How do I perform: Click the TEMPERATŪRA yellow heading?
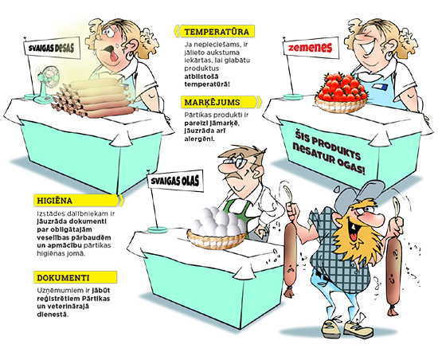[x=215, y=31]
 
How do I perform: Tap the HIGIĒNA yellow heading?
[x=78, y=200]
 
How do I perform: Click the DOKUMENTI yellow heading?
[x=76, y=278]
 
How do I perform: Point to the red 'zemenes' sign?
[x=311, y=48]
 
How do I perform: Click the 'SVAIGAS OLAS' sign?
[x=175, y=181]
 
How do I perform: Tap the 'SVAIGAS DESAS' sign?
[x=52, y=48]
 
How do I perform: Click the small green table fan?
[x=47, y=83]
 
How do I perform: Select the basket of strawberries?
[x=342, y=92]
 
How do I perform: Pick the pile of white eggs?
[x=217, y=222]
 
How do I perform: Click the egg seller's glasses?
[x=240, y=162]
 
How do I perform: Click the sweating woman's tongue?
[x=113, y=56]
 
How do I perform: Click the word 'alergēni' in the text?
[x=199, y=139]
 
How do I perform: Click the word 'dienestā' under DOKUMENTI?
[x=53, y=314]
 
